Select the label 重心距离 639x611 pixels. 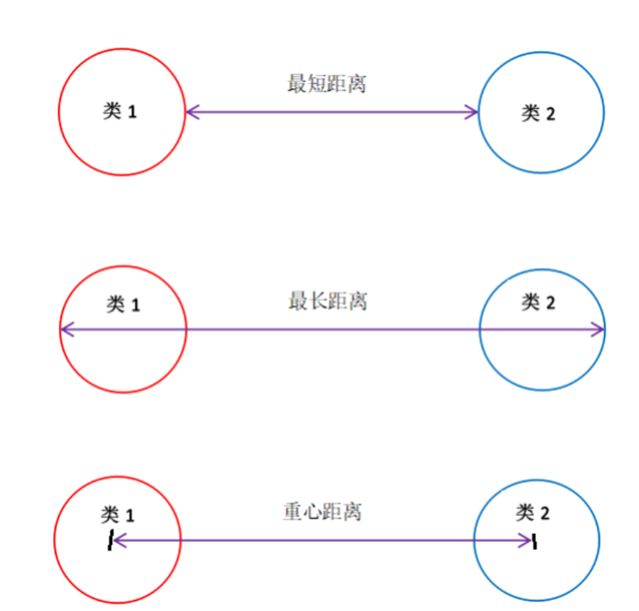coord(322,512)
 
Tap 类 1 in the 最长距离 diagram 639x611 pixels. coord(123,304)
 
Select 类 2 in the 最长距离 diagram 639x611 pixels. coord(538,303)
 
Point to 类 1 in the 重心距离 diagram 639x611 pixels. coord(118,515)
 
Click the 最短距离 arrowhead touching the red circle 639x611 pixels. coord(191,112)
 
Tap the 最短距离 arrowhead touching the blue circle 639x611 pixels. coord(473,112)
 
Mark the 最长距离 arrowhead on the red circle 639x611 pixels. coord(65,329)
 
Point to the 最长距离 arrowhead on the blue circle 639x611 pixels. coord(598,329)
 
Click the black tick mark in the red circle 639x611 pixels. coord(110,541)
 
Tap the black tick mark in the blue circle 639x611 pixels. coord(534,541)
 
